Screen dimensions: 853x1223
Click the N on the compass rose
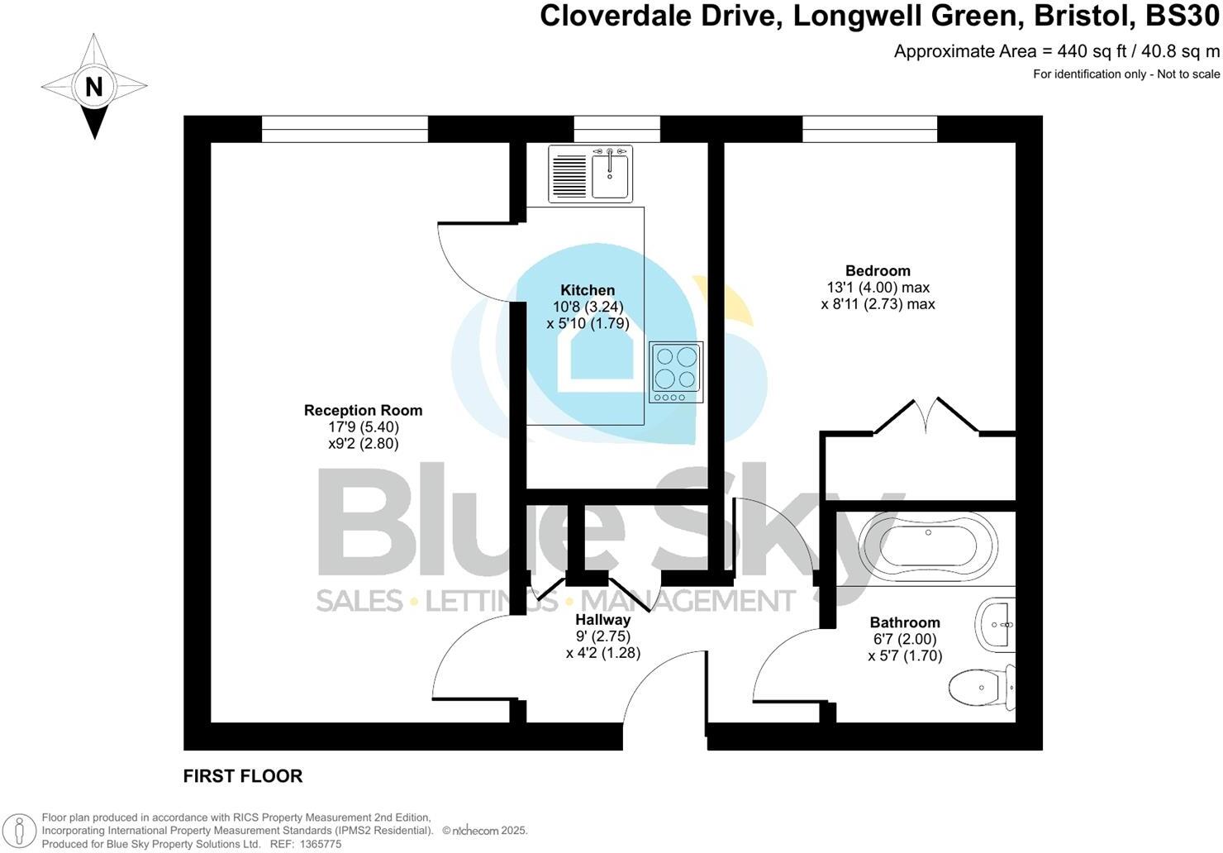click(x=94, y=86)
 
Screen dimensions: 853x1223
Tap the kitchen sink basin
click(x=610, y=174)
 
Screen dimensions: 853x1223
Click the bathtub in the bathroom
click(x=928, y=546)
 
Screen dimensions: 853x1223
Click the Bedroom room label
click(x=878, y=271)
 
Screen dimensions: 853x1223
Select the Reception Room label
click(x=363, y=411)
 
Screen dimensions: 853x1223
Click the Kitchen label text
click(x=588, y=290)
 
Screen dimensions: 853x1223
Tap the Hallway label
click(x=602, y=619)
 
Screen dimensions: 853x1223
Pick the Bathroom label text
click(x=905, y=622)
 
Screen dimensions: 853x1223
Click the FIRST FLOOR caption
click(x=243, y=776)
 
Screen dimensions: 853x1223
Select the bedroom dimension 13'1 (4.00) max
click(x=878, y=288)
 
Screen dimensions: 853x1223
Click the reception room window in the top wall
click(x=345, y=129)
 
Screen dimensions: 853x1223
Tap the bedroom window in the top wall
click(x=869, y=129)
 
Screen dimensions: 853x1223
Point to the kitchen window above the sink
click(x=616, y=129)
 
